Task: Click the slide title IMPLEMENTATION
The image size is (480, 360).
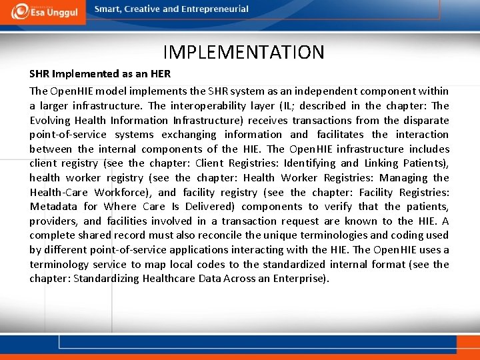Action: point(243,52)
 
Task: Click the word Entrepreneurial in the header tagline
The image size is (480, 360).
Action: point(214,9)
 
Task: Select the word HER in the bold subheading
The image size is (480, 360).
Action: point(160,74)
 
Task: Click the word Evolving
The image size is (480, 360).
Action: point(50,120)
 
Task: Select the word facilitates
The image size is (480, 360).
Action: point(345,135)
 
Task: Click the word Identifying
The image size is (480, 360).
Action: point(310,163)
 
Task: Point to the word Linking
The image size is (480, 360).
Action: point(381,163)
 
